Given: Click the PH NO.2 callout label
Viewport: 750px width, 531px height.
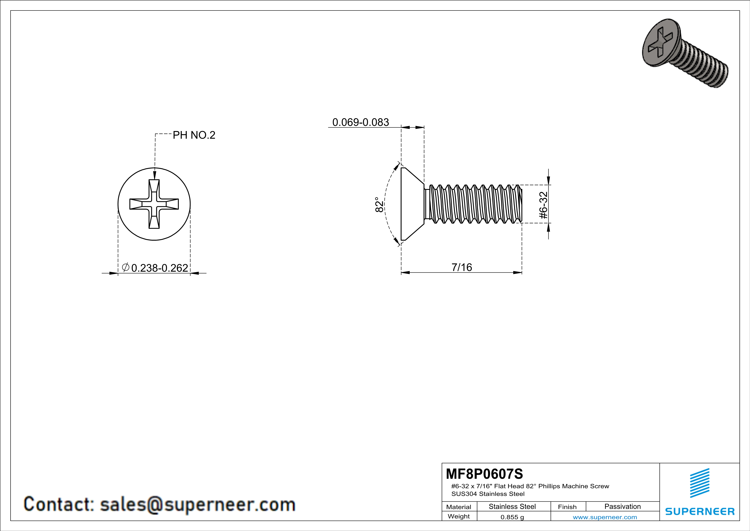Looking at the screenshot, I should click(194, 135).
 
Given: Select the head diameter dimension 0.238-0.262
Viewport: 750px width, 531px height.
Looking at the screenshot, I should click(159, 268).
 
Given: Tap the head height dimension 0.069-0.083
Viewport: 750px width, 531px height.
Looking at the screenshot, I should click(360, 122).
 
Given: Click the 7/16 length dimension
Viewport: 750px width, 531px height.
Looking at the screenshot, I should click(462, 267).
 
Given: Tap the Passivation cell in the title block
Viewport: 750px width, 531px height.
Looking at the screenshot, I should click(622, 506).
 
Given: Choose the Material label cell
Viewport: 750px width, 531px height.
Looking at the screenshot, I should click(459, 507).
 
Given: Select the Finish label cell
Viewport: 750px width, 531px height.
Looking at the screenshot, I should click(567, 507).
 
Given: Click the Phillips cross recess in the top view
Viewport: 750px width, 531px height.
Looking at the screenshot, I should click(154, 204).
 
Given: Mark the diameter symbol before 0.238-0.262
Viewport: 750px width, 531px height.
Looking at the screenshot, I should click(126, 267).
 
